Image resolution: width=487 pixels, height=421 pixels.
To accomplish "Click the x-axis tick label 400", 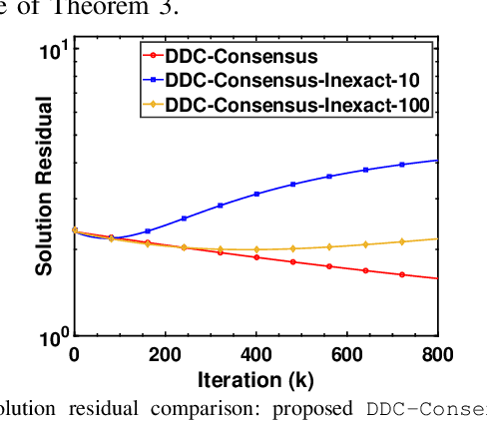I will pyautogui.click(x=255, y=355).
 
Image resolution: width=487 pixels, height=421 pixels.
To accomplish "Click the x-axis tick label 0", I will pyautogui.click(x=74, y=355).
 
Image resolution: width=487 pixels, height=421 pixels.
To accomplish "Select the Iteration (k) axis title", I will pyautogui.click(x=255, y=379).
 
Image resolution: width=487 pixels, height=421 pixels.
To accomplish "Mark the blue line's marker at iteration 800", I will pyautogui.click(x=437, y=160).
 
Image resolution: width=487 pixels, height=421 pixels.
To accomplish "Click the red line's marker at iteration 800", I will pyautogui.click(x=437, y=278).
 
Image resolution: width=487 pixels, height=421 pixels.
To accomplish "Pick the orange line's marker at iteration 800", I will pyautogui.click(x=437, y=238).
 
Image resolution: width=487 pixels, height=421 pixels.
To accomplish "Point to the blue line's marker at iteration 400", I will pyautogui.click(x=255, y=194).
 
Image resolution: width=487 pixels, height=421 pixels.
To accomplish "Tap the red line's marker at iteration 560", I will pyautogui.click(x=328, y=266).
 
